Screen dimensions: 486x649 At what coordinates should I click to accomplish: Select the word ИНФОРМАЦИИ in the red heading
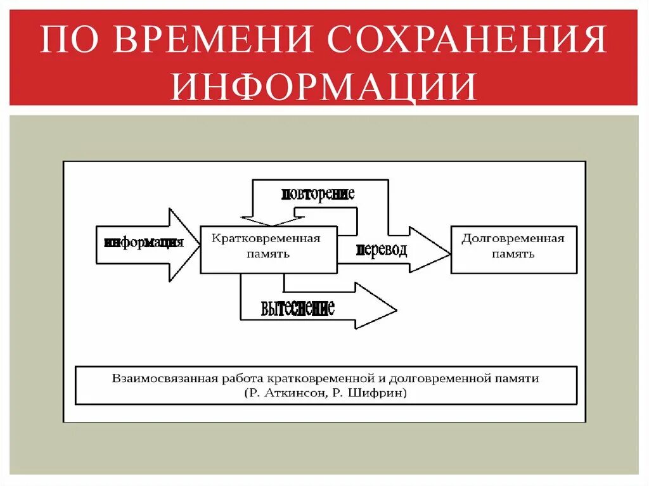pos(323,87)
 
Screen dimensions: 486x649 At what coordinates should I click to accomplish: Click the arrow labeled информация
pos(144,244)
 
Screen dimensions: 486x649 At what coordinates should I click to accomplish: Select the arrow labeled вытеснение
pos(317,307)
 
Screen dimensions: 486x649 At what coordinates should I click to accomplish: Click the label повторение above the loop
pos(318,195)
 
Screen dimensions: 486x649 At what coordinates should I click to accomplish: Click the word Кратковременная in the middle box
pos(266,238)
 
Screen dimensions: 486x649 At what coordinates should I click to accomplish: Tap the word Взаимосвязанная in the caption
pos(162,378)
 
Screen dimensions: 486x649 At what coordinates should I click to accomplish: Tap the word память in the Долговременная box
pos(513,254)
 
